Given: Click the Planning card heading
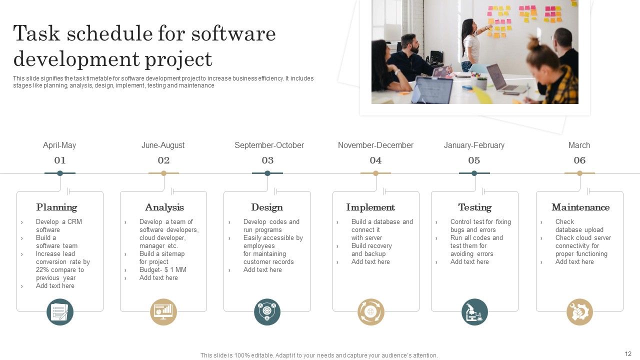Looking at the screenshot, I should tap(56, 207).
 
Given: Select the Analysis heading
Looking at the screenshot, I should tap(164, 207).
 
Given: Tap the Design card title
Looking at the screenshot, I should tap(267, 207).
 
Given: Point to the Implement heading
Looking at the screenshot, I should tap(370, 207).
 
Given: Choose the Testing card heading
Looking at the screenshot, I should tap(474, 207).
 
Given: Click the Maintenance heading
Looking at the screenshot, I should tap(580, 207).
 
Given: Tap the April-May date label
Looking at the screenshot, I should tap(59, 145).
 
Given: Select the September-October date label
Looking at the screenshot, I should tap(269, 145).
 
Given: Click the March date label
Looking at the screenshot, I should tap(579, 145).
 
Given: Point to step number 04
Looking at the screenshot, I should tap(375, 160).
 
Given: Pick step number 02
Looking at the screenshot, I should tap(163, 160).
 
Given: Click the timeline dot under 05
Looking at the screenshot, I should tap(474, 173).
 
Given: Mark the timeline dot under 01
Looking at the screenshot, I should tap(60, 173).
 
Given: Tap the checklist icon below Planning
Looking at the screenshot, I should tap(60, 312).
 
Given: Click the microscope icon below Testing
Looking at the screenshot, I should tap(474, 312).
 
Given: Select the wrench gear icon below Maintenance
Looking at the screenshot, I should tap(579, 312).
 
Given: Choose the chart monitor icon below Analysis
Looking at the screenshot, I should tap(163, 312).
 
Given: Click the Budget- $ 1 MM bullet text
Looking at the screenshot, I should tap(162, 270).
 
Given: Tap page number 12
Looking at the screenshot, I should tap(628, 354).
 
